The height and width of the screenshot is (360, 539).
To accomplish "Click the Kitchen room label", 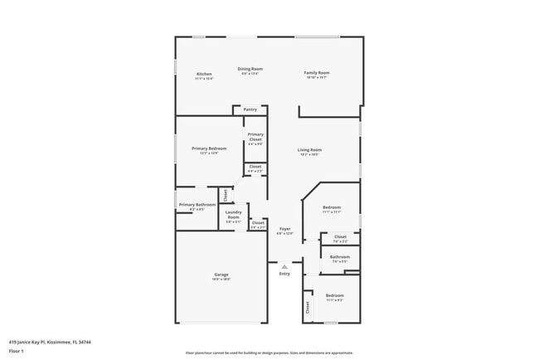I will (x=204, y=75).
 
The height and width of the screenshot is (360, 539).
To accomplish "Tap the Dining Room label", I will (x=250, y=69).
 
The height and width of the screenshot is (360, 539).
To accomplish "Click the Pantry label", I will (x=250, y=109).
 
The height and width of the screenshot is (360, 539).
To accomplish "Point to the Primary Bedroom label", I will (x=209, y=148).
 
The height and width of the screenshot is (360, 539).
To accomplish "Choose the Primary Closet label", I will (x=255, y=136).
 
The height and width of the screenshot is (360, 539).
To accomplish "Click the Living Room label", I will (x=310, y=149).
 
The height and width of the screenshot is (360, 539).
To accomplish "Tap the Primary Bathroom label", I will (x=197, y=204).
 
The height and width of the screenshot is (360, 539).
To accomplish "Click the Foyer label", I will (x=284, y=228).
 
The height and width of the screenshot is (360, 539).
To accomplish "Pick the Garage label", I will (x=221, y=275).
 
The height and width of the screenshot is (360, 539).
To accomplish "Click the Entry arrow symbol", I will (x=284, y=266).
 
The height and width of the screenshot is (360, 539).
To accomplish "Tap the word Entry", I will (x=284, y=274).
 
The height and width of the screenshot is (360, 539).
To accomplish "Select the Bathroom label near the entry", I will (x=340, y=257).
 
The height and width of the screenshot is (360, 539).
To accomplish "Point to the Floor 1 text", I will (x=17, y=351).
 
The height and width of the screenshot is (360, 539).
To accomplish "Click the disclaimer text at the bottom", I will (x=269, y=352).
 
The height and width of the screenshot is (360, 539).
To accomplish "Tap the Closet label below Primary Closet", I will (x=255, y=167).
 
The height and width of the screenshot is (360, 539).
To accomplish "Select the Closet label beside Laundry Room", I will (x=258, y=222).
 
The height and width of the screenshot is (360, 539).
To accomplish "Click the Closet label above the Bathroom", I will (x=340, y=236).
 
